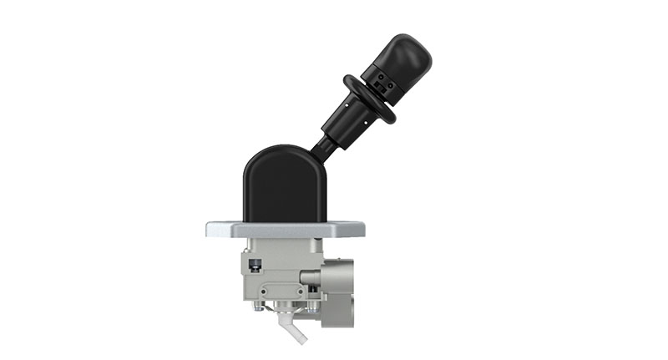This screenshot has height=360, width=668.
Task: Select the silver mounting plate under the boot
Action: (285, 229)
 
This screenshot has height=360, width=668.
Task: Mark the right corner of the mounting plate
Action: (360, 230)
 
